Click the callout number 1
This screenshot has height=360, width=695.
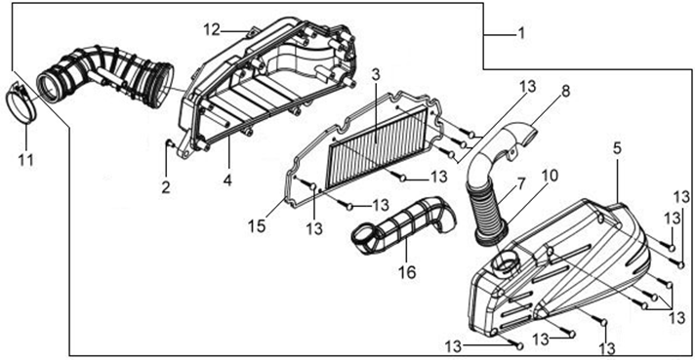coord(521,33)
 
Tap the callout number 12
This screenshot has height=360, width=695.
coord(212,30)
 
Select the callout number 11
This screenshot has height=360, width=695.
coord(25,159)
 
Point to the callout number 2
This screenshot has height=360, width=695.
coord(166,187)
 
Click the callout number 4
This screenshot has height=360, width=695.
coord(227,180)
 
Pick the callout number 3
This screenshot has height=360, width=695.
coord(376,75)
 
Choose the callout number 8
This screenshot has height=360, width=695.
coord(565,92)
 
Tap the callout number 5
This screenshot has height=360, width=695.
coord(618,149)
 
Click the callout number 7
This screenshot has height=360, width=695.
coord(520,183)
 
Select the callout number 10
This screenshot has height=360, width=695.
coord(550,176)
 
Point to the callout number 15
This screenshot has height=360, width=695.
coord(257,225)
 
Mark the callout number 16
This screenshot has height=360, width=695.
coord(407,272)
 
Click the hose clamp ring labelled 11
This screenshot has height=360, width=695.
coord(21,103)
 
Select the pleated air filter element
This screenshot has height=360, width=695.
coord(376,146)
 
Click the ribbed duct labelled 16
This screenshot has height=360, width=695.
coord(402,225)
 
